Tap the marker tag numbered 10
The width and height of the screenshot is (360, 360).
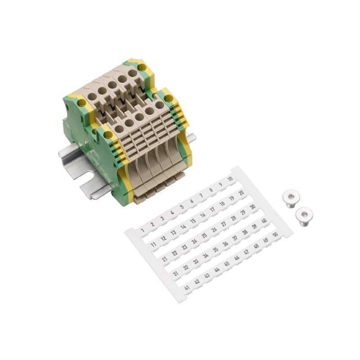(x=230, y=179)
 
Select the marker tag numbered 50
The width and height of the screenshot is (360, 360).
(x=275, y=234)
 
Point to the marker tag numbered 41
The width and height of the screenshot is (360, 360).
(x=187, y=287)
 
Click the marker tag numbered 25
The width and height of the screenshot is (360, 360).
(x=204, y=235)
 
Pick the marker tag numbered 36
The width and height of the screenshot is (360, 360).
(x=225, y=243)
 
